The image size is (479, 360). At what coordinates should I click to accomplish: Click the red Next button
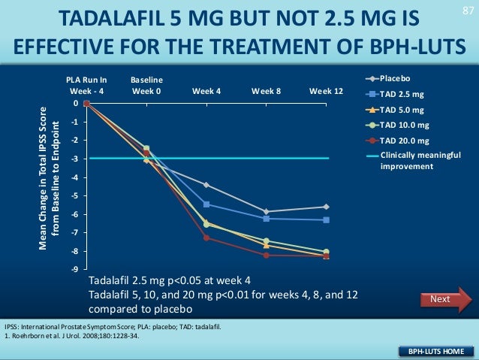point(440,300)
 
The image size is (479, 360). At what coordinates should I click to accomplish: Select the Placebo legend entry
point(395,77)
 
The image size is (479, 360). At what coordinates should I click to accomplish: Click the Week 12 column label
point(326,91)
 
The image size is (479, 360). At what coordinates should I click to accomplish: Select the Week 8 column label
point(267,91)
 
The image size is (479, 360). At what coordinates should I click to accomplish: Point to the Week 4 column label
point(206,91)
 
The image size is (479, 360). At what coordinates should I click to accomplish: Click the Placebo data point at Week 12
point(326,207)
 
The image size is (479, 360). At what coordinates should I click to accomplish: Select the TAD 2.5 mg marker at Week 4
point(206,204)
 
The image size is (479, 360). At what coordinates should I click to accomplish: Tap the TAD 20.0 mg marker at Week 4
point(206,238)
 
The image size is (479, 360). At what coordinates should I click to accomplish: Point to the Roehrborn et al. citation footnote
point(72,335)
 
